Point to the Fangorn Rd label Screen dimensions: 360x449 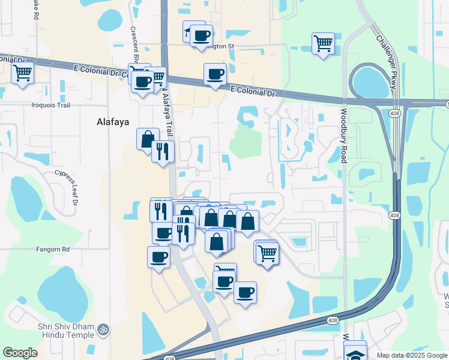(53, 249)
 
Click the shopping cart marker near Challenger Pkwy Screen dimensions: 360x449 (323, 43)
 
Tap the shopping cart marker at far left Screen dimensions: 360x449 (23, 73)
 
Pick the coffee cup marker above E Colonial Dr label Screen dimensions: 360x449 (215, 74)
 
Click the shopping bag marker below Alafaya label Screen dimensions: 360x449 (148, 139)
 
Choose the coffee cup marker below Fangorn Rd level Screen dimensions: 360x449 (158, 257)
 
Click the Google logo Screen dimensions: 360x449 (20, 353)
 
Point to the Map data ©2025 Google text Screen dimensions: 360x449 (412, 355)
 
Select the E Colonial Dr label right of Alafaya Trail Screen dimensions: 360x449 (252, 92)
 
